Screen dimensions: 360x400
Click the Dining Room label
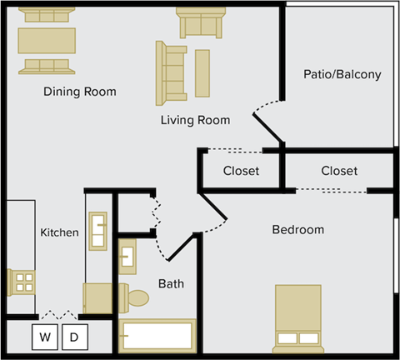(x=80, y=92)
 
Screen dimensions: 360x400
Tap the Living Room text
(x=195, y=121)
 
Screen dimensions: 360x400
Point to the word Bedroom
(x=297, y=229)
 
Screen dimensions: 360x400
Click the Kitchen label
(x=60, y=232)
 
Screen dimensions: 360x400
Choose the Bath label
(x=171, y=284)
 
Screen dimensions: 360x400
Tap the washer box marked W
(x=46, y=337)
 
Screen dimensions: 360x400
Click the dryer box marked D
(x=74, y=337)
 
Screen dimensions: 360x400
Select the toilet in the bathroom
(x=135, y=297)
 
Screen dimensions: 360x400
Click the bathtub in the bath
(x=157, y=336)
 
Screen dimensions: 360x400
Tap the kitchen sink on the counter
(x=98, y=231)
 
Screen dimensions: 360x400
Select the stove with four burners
(x=21, y=282)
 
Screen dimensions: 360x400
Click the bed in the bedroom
(x=297, y=317)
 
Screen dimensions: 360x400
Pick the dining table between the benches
(x=47, y=39)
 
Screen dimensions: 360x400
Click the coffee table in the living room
(x=202, y=73)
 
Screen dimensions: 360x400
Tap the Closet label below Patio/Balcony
(x=339, y=171)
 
